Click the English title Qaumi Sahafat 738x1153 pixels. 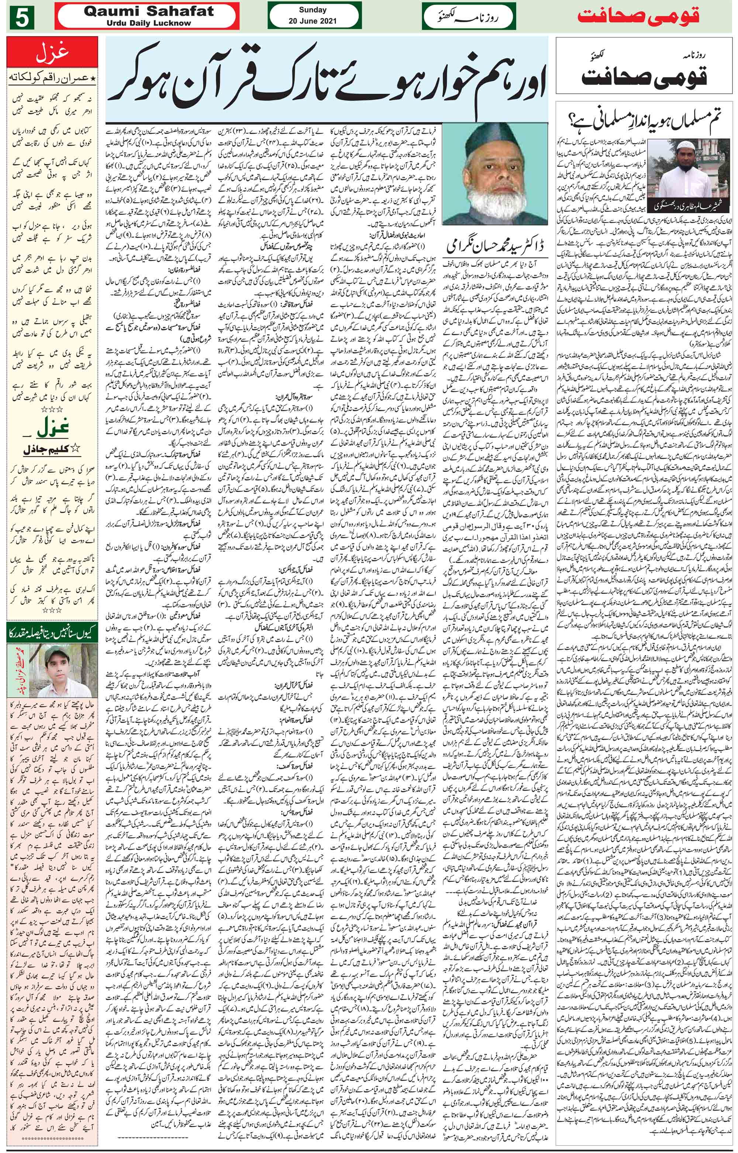(148, 11)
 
